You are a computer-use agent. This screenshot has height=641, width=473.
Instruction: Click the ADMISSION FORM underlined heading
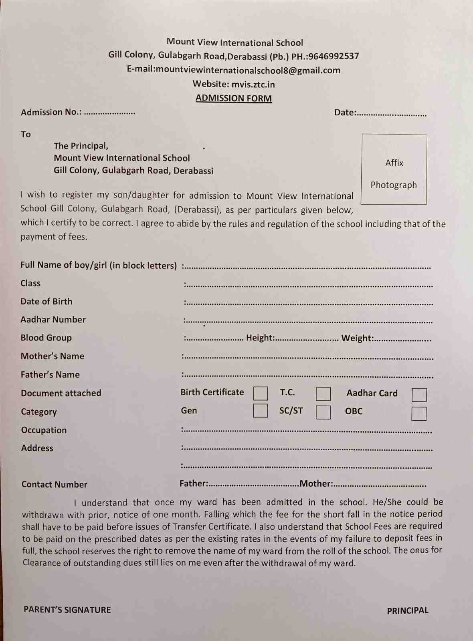[234, 98]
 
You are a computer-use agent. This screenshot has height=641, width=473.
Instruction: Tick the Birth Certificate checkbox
[261, 393]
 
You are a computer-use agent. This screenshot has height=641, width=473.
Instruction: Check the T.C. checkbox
[323, 394]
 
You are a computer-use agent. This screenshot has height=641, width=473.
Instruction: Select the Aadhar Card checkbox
[419, 395]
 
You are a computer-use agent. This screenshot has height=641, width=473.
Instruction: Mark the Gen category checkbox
[261, 411]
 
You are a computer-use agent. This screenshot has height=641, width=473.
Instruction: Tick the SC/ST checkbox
[323, 412]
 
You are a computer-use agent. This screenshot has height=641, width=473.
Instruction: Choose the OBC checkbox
[418, 413]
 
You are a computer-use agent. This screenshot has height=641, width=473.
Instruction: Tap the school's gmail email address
[248, 70]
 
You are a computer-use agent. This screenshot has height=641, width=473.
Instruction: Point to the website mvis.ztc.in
[253, 84]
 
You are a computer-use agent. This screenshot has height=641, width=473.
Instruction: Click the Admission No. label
[51, 112]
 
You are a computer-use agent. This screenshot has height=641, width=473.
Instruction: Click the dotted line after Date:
[392, 114]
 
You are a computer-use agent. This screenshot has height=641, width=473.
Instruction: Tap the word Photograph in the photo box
[394, 185]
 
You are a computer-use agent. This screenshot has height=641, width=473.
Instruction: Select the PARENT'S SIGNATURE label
[67, 610]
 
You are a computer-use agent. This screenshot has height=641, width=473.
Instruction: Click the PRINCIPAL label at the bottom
[407, 611]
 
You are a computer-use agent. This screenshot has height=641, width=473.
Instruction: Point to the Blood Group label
[46, 338]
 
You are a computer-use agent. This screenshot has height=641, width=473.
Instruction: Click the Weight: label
[357, 338]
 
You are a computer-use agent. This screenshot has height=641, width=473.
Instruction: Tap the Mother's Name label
[53, 356]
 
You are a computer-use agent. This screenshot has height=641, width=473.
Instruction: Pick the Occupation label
[44, 430]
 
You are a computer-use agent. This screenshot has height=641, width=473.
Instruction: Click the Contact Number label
[54, 484]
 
